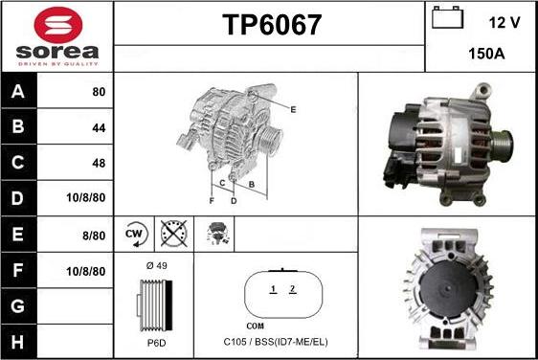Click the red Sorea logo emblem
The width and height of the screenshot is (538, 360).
click(58, 25)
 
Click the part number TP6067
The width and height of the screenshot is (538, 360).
click(272, 25)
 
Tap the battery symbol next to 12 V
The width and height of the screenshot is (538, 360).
click(447, 17)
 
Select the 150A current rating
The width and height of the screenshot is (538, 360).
click(486, 54)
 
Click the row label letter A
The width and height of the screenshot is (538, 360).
click(18, 91)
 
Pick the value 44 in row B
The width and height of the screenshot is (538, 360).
click(99, 128)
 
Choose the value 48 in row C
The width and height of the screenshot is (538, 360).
click(99, 163)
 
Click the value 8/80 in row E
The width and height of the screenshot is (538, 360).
click(94, 236)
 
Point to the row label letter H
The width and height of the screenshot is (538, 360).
click(18, 342)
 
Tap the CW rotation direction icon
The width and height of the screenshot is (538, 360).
click(134, 235)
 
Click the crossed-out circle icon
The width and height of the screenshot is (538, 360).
click(174, 234)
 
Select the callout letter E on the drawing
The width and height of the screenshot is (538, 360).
click(293, 110)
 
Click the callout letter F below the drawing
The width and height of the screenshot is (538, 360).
click(212, 201)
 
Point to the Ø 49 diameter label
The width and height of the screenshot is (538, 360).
click(156, 265)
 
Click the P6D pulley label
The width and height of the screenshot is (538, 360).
click(156, 343)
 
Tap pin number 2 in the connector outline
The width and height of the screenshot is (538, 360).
click(292, 289)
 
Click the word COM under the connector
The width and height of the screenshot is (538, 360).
click(256, 326)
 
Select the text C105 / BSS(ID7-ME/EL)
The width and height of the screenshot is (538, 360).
click(276, 342)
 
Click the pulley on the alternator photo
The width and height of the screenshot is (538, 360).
click(502, 144)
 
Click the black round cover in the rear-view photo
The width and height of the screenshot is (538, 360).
click(448, 289)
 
